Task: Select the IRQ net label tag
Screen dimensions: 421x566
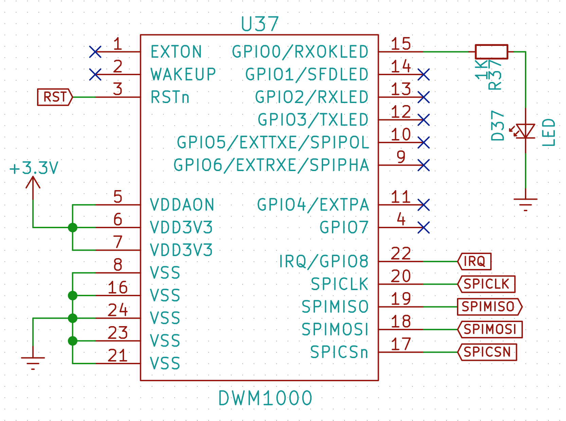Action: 474,262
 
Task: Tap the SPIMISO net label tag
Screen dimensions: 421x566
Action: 489,307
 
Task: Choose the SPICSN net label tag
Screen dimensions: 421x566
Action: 487,352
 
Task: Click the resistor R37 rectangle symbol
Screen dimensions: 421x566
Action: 491,52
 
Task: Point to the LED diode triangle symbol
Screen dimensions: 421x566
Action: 525,131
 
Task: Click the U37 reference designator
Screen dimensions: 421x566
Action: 260,24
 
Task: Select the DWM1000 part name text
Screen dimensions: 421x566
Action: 265,398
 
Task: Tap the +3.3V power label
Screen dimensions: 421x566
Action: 34,168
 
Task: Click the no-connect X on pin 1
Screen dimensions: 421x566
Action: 95,52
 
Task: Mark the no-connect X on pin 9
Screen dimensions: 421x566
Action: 424,165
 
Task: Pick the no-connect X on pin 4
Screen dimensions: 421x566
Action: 424,228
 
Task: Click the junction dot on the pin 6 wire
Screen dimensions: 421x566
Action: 72,228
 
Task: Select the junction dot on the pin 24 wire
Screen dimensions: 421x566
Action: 72,318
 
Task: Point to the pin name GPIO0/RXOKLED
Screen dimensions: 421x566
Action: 300,52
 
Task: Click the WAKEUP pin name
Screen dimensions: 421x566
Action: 183,74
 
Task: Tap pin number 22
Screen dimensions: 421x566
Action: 401,254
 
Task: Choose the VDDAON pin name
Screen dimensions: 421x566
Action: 182,205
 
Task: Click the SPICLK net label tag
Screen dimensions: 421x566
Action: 486,284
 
